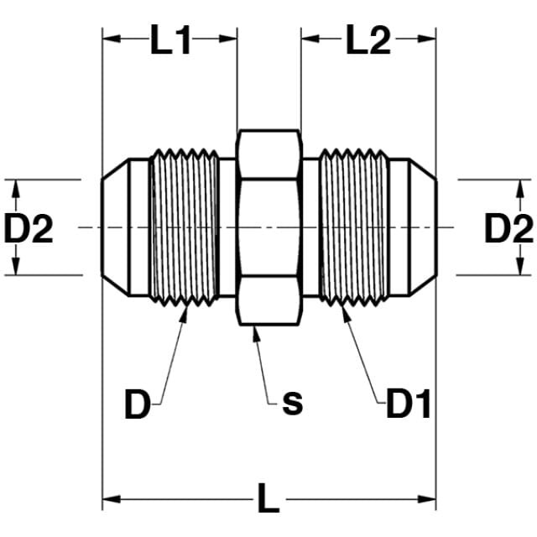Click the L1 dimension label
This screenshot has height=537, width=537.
tap(170, 39)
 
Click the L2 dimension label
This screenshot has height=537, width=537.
tap(368, 39)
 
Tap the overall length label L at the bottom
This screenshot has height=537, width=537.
tap(268, 498)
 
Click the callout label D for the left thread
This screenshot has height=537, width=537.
tap(138, 404)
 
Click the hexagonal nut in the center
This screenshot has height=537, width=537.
tap(269, 227)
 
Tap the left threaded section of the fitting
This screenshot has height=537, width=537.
tap(185, 227)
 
